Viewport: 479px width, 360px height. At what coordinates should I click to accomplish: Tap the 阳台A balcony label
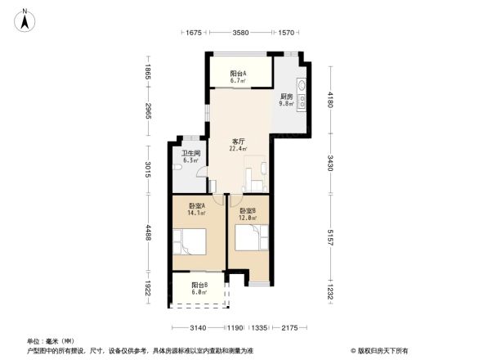239,74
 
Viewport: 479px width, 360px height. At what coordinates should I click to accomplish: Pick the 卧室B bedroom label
248,210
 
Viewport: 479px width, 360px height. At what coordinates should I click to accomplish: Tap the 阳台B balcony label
199,285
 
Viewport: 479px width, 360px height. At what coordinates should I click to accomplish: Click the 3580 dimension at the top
240,33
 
